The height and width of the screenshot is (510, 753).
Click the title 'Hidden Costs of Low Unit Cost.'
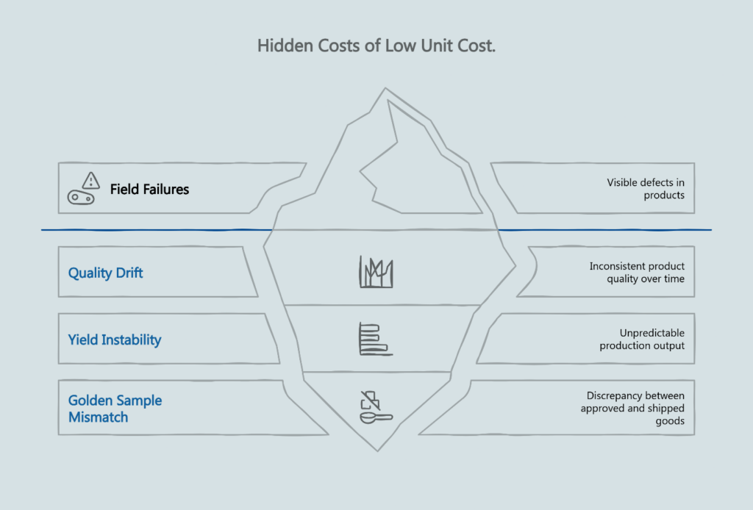click(x=376, y=46)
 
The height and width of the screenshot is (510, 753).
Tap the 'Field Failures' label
click(x=149, y=190)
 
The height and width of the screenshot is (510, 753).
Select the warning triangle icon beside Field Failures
click(x=90, y=179)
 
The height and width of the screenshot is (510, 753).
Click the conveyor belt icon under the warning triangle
click(x=81, y=197)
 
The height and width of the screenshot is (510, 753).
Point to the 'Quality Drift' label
click(x=106, y=273)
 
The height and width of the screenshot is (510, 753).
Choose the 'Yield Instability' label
click(x=115, y=340)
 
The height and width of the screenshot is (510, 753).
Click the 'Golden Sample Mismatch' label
click(x=115, y=409)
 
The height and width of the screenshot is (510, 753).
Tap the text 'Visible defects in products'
click(x=646, y=189)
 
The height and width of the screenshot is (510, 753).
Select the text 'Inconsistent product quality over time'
click(x=637, y=273)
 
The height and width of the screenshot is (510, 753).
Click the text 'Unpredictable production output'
click(x=642, y=340)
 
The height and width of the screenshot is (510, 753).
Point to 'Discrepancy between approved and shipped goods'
click(x=632, y=408)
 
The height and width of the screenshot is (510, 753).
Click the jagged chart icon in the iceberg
click(x=376, y=272)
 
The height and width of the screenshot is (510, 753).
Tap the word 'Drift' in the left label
click(x=129, y=273)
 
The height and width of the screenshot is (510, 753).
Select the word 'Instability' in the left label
click(x=131, y=340)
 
